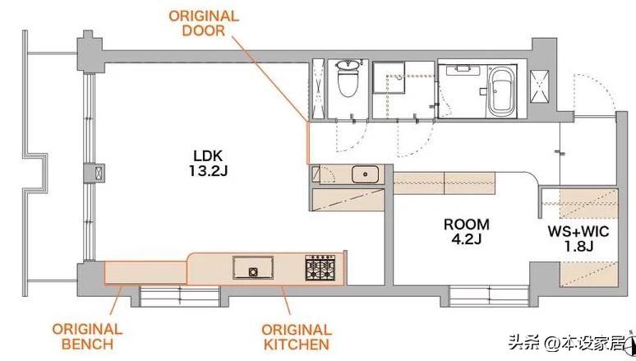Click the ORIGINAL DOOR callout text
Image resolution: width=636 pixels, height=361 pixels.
(x=204, y=23)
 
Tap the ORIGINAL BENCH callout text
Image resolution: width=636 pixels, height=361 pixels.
(x=87, y=336)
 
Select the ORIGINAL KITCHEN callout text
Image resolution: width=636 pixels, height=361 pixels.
(x=297, y=337)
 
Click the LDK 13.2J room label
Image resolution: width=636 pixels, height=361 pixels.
(x=208, y=164)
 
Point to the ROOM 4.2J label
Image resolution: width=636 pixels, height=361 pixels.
(x=467, y=231)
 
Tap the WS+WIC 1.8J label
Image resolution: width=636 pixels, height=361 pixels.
(x=578, y=238)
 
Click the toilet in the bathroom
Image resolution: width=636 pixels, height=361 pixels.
(x=348, y=78)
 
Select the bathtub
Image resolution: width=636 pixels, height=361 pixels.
(x=502, y=91)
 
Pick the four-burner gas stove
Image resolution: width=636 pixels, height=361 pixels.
(x=320, y=268)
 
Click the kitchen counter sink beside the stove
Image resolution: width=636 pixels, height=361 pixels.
(x=253, y=267)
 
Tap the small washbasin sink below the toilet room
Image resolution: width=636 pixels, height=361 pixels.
(x=365, y=174)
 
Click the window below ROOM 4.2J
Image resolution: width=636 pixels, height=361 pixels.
(x=489, y=296)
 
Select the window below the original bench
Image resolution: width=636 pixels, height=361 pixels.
(x=179, y=296)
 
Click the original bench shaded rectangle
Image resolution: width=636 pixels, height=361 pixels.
(x=145, y=273)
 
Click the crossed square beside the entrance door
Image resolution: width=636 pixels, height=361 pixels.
(x=540, y=86)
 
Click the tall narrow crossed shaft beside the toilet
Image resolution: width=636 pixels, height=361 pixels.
(x=318, y=90)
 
